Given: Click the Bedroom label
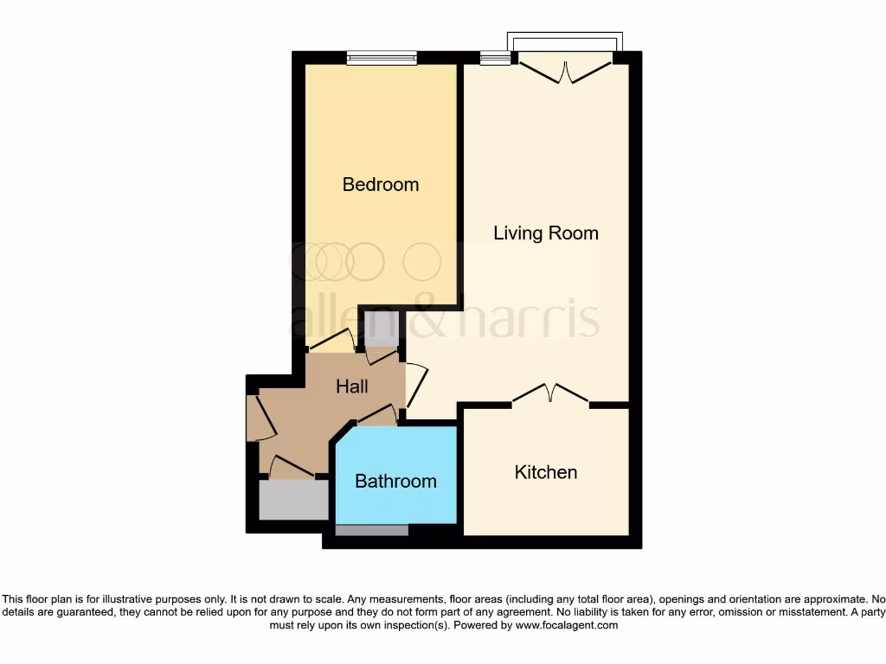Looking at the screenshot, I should pos(381,184).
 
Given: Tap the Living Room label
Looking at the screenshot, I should pos(545,233).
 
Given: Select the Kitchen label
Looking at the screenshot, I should pos(545,472).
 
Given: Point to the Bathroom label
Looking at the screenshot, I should pos(395,481).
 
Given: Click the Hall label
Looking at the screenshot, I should pos(352,386).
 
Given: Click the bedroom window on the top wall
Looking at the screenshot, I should pos(382,58).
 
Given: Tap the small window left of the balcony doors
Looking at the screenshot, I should pos(496,58).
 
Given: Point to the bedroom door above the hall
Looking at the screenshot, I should pos(331,342).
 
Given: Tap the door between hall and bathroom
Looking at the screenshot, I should pos(377,416).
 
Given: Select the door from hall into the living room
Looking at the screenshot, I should pos(417,386).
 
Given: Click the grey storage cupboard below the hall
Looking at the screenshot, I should pos(293,500).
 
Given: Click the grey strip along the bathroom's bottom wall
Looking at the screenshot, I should pos(371,530).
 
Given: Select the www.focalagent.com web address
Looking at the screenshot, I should pos(567,625).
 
